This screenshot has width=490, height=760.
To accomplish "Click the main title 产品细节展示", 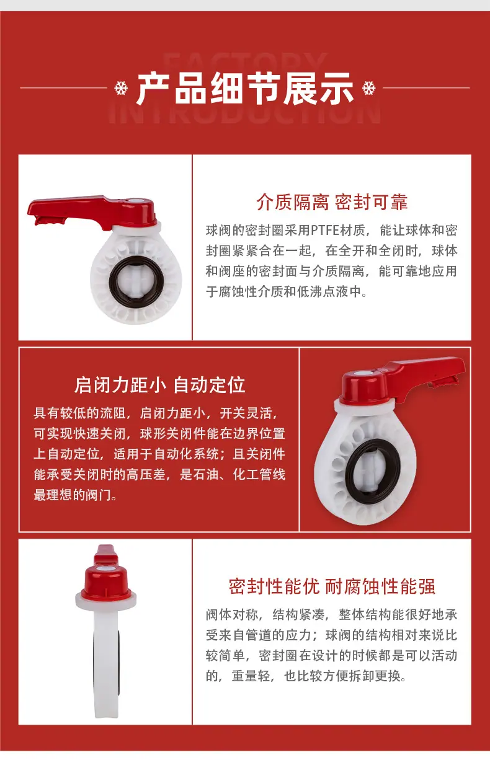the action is pos(245,88).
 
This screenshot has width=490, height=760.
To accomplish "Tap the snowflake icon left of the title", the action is pos(121,88).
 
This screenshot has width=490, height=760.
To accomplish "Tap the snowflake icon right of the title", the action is pos(369,88).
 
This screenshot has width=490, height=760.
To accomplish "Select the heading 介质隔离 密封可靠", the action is pos(332,202).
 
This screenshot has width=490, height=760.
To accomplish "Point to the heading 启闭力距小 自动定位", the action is pos(159,385).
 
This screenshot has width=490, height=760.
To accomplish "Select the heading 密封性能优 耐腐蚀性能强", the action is pos(332,586).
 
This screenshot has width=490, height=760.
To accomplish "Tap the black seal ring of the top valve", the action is pos(136,281).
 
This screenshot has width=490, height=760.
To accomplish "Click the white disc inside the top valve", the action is pos(136,281).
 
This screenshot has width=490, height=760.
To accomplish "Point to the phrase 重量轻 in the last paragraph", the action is pos(251,676).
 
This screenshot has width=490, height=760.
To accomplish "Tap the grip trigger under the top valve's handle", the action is pos(50,220).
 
